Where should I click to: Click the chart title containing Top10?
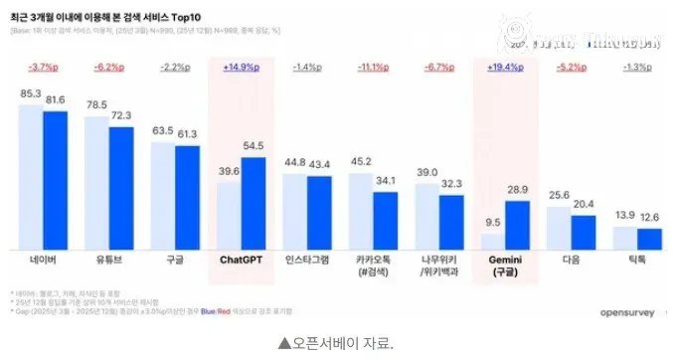tap(103, 16)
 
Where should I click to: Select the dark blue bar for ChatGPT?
tap(253, 204)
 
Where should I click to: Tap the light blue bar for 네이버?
tap(31, 177)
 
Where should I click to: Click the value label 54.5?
tap(253, 147)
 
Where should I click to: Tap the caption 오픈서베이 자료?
tap(337, 343)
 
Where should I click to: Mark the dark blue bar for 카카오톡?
tap(385, 220)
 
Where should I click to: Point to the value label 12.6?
tap(649, 218)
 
